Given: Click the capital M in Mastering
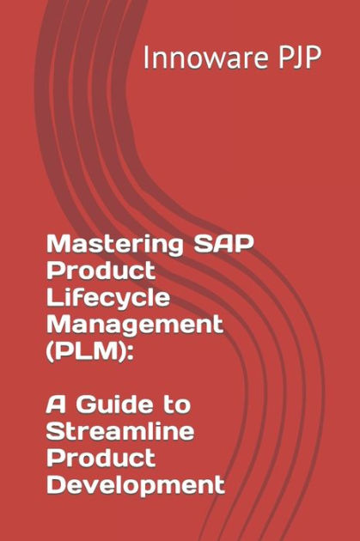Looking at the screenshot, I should [57, 245].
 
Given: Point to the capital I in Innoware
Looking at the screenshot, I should [145, 58].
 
